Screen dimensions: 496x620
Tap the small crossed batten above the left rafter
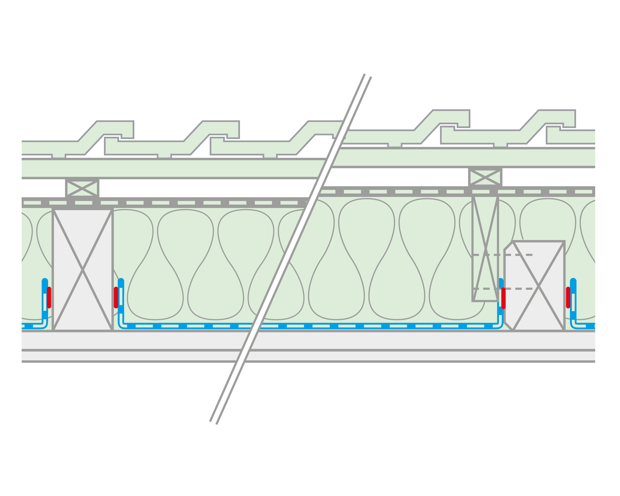point(82,189)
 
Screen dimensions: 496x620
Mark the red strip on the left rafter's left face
point(49,298)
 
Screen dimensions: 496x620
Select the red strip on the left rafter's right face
point(116,298)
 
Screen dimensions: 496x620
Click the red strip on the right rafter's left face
point(503,298)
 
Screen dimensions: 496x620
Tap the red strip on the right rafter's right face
point(568,298)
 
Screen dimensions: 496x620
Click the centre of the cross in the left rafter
point(83,270)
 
